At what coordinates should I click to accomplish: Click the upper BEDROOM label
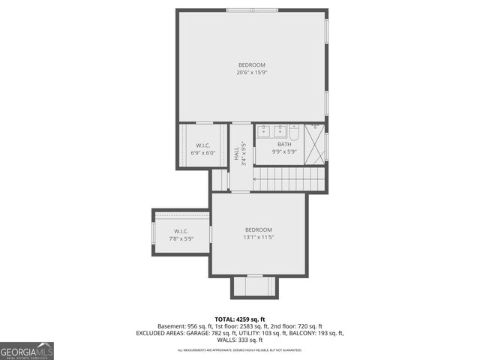click(251, 64)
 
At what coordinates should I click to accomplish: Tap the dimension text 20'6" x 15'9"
click(251, 73)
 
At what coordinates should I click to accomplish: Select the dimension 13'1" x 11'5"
click(258, 238)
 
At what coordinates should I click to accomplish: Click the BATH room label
click(283, 144)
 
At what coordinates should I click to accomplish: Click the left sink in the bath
click(264, 131)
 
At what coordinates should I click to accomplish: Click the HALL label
click(236, 154)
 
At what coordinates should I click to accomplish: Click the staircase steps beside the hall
click(289, 179)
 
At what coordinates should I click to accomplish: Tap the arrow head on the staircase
click(257, 179)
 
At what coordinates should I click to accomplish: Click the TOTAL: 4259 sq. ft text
click(240, 319)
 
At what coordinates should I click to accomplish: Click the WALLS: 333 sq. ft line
click(240, 340)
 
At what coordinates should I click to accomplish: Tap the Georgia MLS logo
click(27, 350)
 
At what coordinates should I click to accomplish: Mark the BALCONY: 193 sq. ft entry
click(312, 333)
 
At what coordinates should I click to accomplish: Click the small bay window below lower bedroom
click(254, 286)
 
